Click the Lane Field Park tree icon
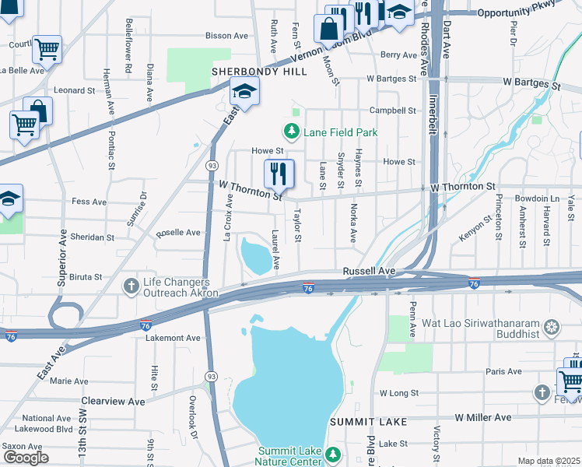(x=292, y=132)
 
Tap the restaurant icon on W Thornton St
(x=279, y=173)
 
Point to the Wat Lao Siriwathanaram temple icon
(x=552, y=325)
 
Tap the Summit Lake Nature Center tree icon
(x=333, y=453)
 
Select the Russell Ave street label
(x=370, y=271)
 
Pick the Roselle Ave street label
(x=178, y=232)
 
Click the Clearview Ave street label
(x=113, y=401)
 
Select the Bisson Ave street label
(x=226, y=35)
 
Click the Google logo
(x=26, y=458)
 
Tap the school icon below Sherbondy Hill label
(x=244, y=93)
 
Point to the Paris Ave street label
(x=503, y=371)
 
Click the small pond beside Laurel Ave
(x=257, y=255)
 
